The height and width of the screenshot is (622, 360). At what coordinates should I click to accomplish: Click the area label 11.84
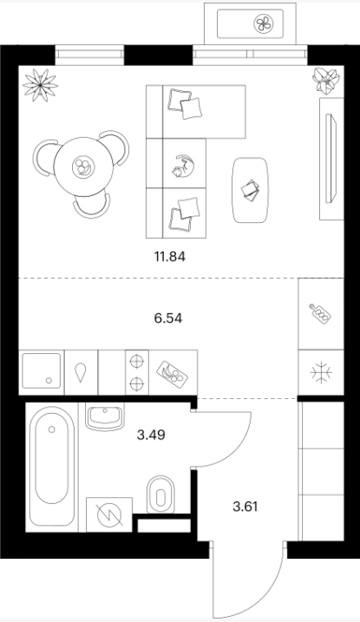170,257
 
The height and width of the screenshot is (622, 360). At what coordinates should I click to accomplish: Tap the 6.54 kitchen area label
168,318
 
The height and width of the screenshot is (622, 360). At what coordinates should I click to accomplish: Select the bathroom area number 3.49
151,435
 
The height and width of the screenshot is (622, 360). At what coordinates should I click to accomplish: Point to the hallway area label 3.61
245,507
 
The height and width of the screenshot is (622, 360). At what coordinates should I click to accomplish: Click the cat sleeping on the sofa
183,165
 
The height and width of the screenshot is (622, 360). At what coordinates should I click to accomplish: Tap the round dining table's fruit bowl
83,167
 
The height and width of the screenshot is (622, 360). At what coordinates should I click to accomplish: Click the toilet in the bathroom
160,494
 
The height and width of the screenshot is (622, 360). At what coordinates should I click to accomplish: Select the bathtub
52,466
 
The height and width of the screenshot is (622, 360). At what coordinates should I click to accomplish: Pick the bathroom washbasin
105,416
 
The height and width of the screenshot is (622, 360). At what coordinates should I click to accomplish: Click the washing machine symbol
109,514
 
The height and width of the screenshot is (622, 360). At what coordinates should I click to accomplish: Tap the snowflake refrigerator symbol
321,372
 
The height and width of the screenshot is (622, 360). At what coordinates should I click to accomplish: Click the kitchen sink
42,371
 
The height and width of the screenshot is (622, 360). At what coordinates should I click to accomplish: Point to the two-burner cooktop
137,372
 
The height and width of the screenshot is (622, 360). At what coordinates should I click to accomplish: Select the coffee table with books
250,190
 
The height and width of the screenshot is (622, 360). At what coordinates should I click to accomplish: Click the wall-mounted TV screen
331,158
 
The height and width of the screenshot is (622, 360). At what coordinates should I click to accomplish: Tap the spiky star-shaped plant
40,85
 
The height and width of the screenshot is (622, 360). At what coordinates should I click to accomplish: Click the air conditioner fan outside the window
264,23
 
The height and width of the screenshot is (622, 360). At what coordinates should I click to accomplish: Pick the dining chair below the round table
91,206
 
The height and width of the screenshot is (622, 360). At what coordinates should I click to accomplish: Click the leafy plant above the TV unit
326,80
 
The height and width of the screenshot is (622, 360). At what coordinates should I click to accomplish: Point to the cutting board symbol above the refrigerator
320,314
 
